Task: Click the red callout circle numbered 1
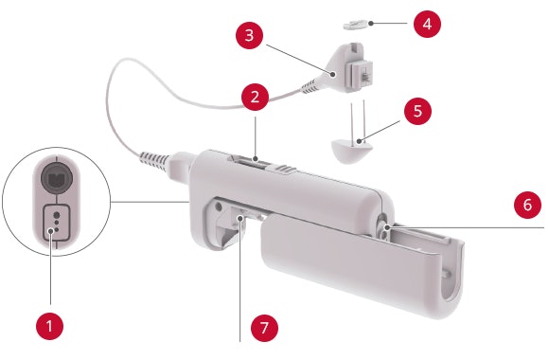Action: coord(50,326)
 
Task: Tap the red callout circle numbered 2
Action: coord(255,97)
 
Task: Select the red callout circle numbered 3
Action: coord(249,35)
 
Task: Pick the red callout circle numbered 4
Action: coord(427,24)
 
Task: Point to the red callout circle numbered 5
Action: coord(417,111)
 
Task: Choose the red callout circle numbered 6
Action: coord(527,205)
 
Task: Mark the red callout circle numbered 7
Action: coord(264,328)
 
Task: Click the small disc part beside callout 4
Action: coord(355,26)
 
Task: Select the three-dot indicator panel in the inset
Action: coord(56,223)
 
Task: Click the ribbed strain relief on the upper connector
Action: coord(310,86)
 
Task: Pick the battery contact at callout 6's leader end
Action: coord(386,227)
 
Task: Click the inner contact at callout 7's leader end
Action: coord(240,218)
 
